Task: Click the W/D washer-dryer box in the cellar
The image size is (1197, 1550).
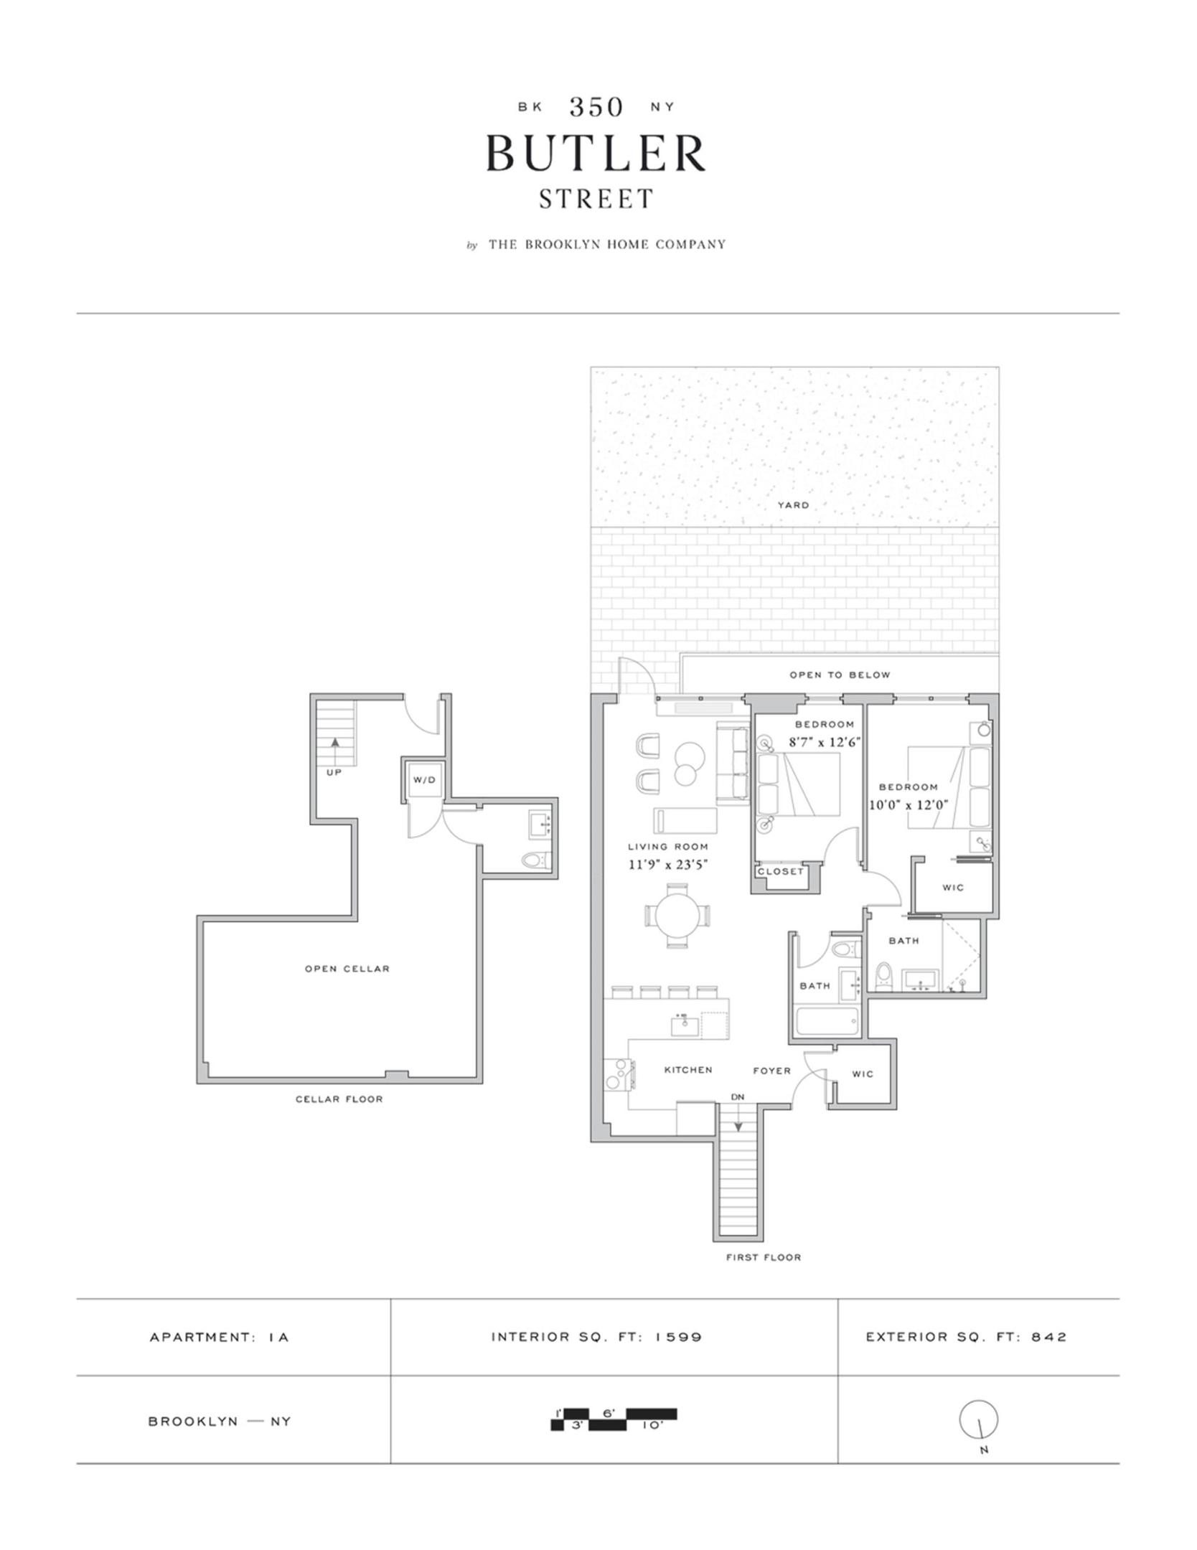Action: coord(424,780)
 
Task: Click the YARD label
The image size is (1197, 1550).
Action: coord(793,505)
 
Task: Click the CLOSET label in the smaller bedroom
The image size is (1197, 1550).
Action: coord(781,872)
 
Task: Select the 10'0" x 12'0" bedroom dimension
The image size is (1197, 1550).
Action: coord(909,805)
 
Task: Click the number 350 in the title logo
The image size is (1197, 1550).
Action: coord(596,107)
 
